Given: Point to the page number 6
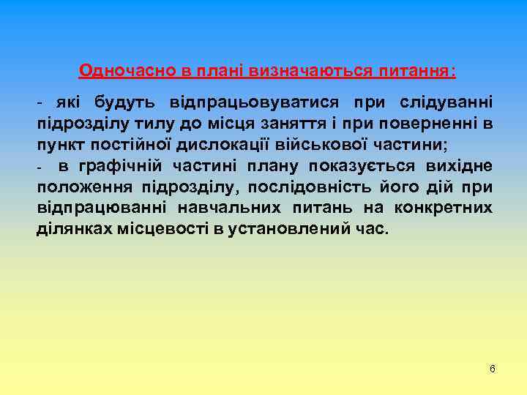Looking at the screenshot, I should (x=492, y=369).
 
